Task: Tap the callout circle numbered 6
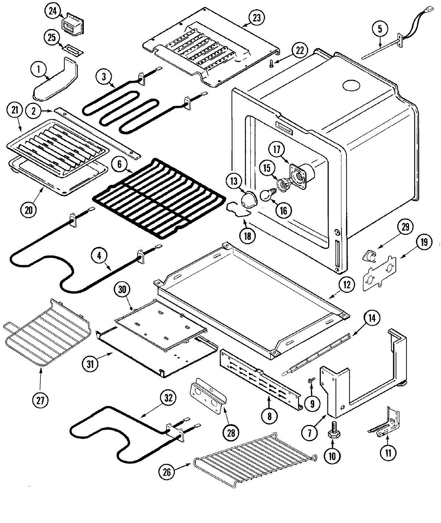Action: coord(119,165)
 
